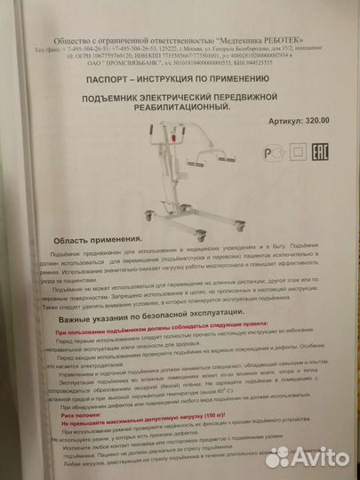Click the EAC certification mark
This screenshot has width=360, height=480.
[320, 152]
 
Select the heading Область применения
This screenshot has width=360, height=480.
[98, 240]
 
